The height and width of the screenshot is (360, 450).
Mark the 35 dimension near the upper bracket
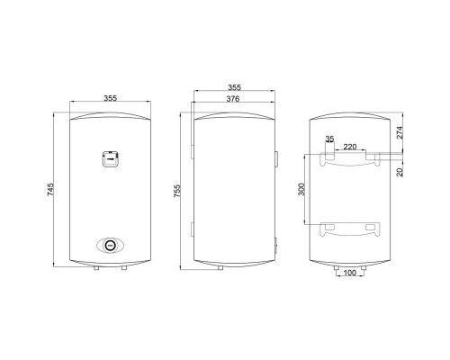[x=329, y=139]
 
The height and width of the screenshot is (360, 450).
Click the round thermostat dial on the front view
[x=111, y=244]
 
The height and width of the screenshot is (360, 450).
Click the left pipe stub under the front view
[x=99, y=266]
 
